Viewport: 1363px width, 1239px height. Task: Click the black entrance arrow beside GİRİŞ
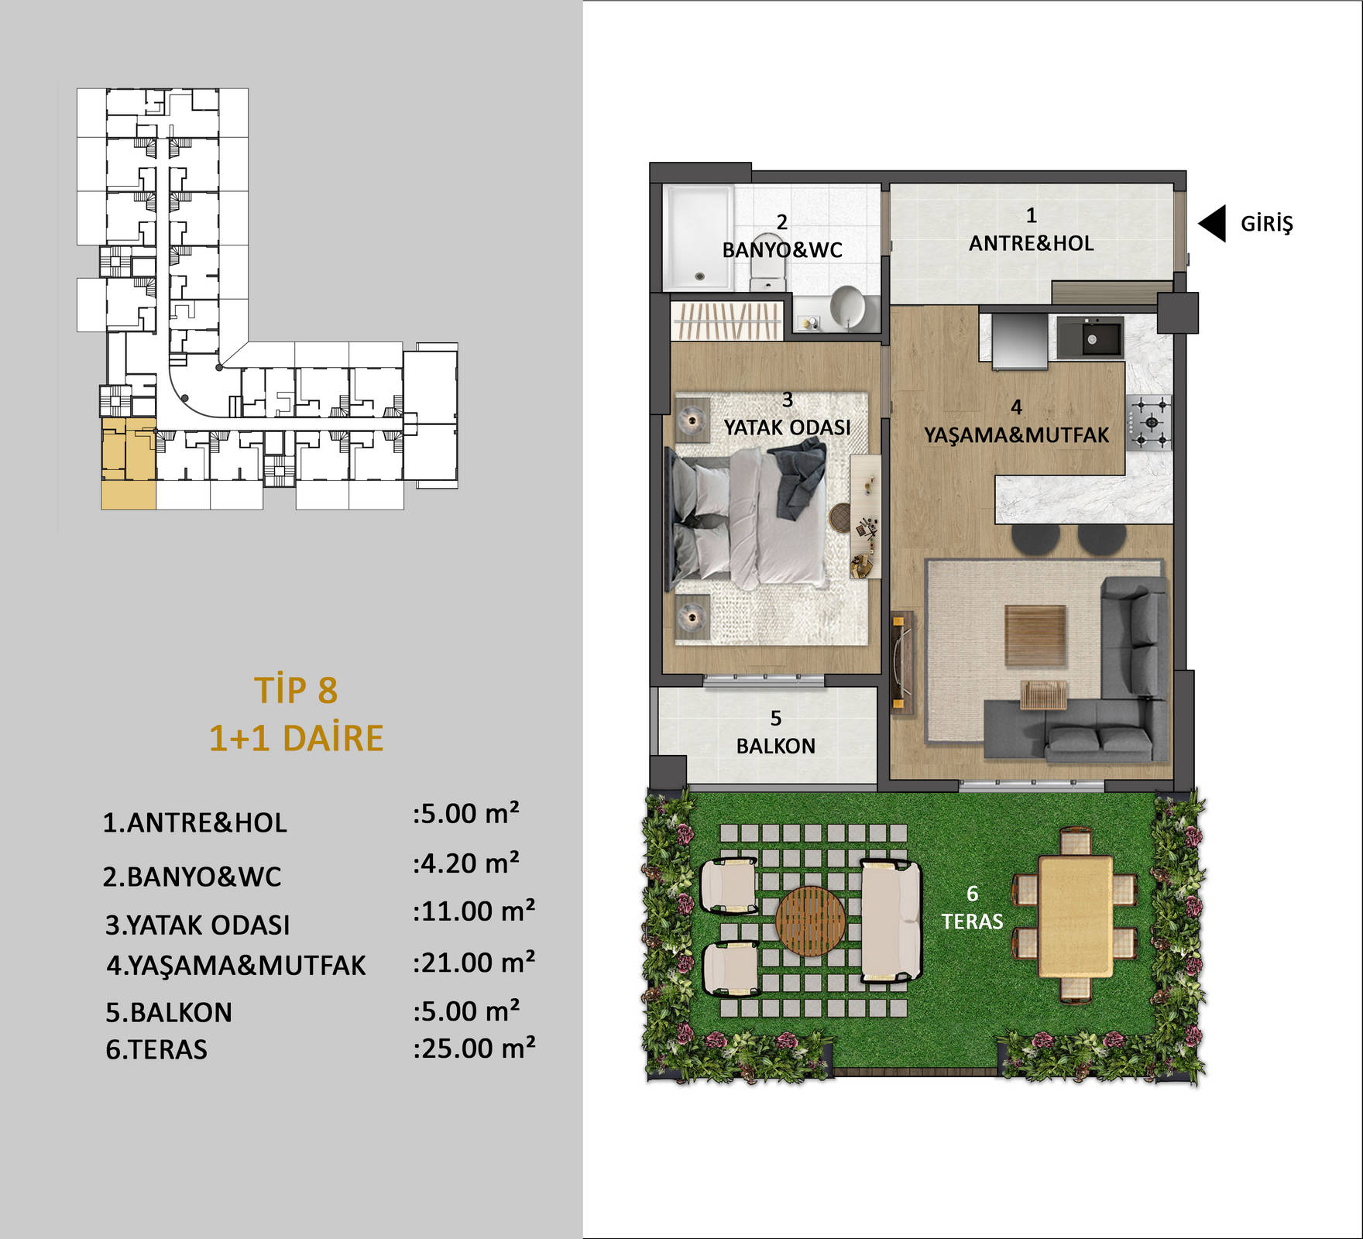(1213, 224)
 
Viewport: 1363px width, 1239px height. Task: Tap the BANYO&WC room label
(782, 250)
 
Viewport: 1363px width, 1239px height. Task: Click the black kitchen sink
(1090, 338)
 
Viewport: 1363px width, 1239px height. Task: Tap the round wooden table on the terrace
(811, 921)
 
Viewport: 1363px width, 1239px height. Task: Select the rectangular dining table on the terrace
(1076, 916)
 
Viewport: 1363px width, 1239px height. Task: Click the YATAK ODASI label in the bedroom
(787, 427)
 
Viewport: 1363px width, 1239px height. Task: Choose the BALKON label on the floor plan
(776, 746)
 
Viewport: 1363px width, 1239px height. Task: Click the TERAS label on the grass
(972, 922)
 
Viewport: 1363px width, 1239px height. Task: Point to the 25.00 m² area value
(474, 1049)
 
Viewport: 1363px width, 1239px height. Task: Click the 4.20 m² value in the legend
(466, 863)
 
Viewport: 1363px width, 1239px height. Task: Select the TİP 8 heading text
(297, 691)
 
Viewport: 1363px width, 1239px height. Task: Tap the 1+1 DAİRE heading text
(297, 739)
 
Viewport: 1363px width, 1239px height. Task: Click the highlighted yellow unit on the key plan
(129, 463)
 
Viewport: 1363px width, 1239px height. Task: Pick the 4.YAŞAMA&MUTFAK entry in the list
(236, 966)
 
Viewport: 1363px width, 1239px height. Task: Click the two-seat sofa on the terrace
(891, 922)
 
